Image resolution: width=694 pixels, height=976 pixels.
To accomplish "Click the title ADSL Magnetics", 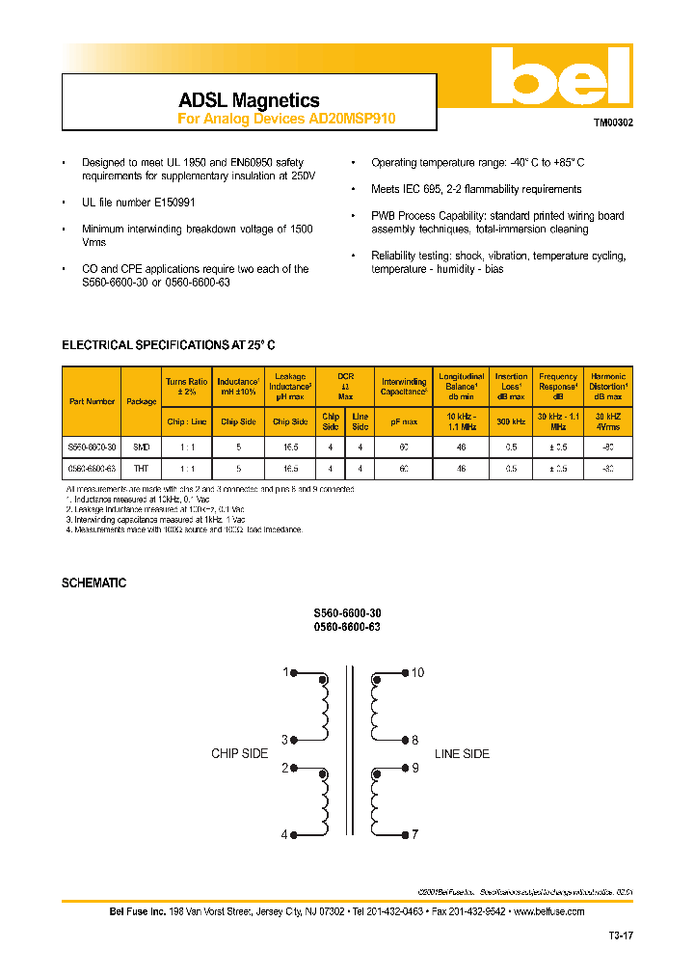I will coord(249,100).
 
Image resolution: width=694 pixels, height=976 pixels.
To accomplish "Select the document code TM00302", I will coord(612,123).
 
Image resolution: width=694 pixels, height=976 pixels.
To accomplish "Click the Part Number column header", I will coord(92,401).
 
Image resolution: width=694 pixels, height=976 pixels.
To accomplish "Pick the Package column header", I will coord(141,401).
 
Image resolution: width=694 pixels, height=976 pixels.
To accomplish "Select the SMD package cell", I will coord(141,447).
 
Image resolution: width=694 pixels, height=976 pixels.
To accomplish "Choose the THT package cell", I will coord(141,468).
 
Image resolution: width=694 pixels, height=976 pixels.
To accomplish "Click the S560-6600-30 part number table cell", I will coord(92,447).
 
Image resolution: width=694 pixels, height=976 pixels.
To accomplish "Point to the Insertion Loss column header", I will coord(511,386).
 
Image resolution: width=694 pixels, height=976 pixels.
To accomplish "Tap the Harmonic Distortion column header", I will coord(607,386).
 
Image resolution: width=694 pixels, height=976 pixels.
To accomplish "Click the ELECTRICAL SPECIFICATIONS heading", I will coord(169,345).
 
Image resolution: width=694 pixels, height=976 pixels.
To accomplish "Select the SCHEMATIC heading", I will coord(93,583).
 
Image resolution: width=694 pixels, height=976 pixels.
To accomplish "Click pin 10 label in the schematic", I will coord(417,672).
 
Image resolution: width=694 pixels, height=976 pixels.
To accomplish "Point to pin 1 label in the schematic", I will coord(285,672).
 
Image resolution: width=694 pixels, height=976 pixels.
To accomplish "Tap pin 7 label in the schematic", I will coord(414,835).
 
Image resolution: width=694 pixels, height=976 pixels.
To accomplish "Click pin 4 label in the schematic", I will coord(284,835).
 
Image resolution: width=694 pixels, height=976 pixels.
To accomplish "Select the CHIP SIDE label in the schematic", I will coord(239,754).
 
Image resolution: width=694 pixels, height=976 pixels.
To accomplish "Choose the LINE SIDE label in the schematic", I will coord(462,754).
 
